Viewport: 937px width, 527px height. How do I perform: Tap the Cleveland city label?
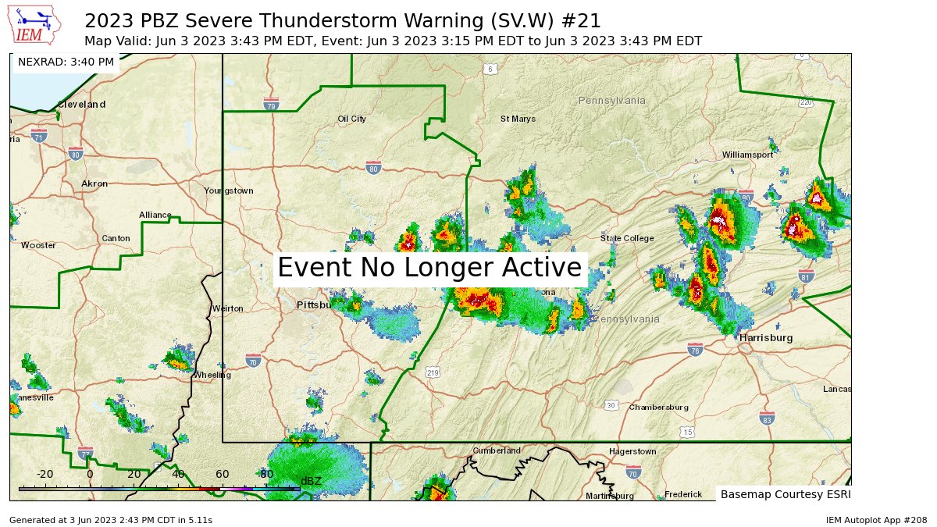click(81, 104)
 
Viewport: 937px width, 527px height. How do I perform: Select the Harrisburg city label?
click(766, 338)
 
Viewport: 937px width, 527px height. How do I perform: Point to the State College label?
click(627, 238)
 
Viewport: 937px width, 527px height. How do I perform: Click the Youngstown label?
click(228, 191)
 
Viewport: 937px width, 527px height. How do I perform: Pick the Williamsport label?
click(746, 155)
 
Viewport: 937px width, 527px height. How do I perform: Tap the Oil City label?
click(351, 119)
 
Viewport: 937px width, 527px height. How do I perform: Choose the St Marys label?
click(518, 119)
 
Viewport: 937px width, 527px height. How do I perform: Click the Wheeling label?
click(212, 375)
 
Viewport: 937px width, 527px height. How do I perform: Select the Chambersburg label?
click(658, 408)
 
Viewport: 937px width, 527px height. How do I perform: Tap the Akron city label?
click(94, 184)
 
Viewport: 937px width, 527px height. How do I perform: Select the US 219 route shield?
click(433, 373)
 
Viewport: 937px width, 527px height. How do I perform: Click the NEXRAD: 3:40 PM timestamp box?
click(66, 62)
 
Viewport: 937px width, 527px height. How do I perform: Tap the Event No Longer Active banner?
click(429, 268)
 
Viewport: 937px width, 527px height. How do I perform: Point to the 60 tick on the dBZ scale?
click(223, 474)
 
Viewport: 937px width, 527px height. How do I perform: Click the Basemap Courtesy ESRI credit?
click(785, 494)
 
